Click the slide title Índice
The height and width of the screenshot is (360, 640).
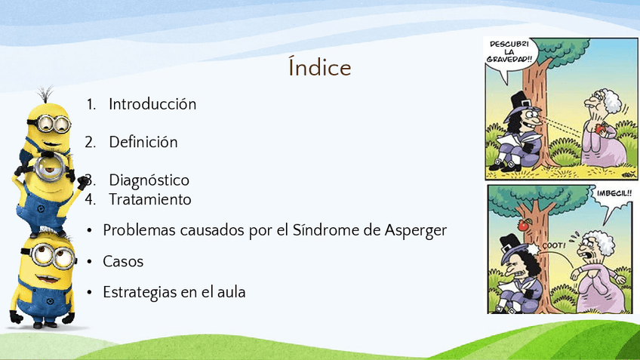coord(319,67)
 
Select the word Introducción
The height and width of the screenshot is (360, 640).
coord(152,104)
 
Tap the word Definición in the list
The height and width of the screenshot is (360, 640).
coord(143,142)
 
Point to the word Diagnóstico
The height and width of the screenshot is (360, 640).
coord(149,180)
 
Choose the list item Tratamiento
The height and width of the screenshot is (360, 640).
coord(149,199)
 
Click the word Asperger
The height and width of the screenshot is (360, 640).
coord(416,231)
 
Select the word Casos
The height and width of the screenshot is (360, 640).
coord(123,261)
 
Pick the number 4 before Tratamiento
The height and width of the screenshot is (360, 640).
coord(89,199)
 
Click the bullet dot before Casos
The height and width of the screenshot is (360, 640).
coord(90,262)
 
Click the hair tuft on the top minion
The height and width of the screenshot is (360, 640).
coord(46,94)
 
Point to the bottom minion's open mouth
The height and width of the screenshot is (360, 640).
coord(48,279)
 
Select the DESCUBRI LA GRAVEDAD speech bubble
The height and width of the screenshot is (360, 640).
coord(509,54)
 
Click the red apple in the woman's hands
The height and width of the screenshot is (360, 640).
coord(599,129)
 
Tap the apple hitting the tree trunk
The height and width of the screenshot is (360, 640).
coord(524,224)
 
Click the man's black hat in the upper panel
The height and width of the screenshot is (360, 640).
coord(518,103)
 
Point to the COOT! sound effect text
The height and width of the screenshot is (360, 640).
coord(554,246)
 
